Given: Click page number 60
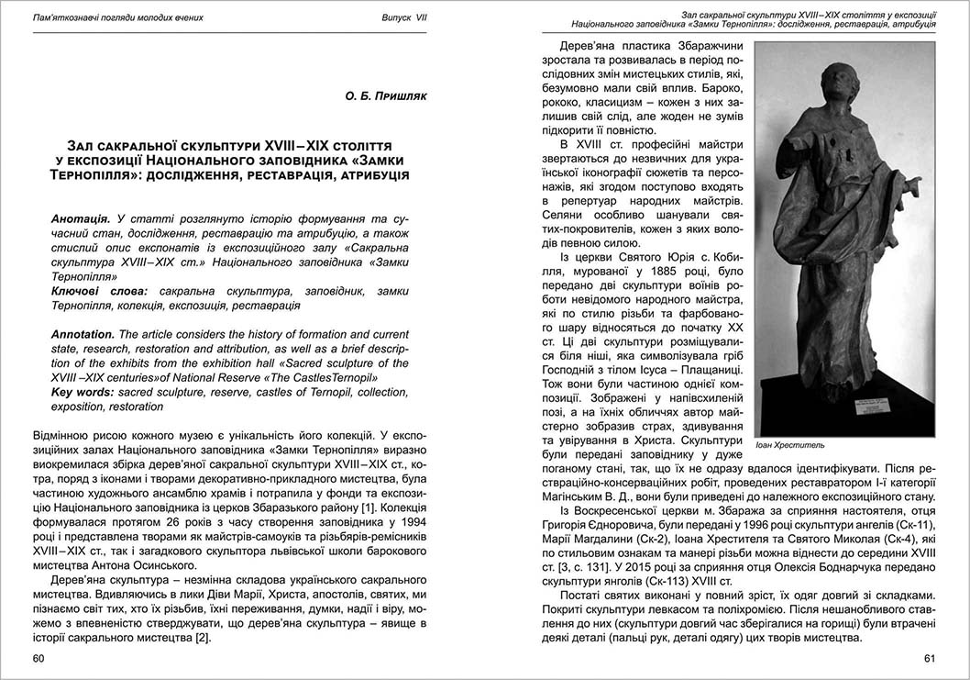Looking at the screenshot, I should (39, 658).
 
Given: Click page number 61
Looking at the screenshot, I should (929, 658).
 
